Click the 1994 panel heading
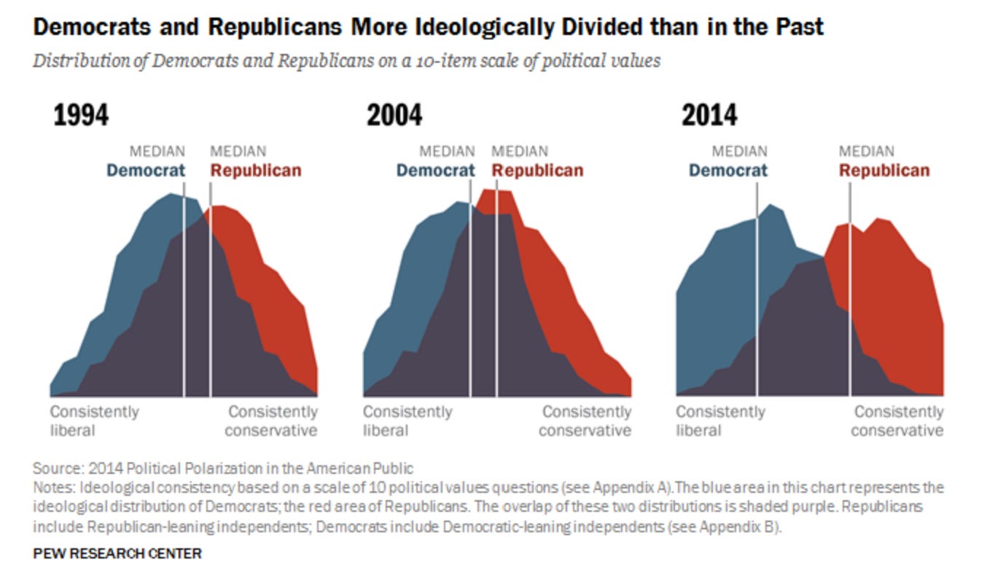click(x=80, y=116)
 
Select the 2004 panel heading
click(x=394, y=116)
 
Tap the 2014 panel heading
click(x=709, y=116)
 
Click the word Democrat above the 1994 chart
click(x=146, y=171)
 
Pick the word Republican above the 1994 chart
click(x=256, y=171)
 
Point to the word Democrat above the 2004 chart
click(x=435, y=171)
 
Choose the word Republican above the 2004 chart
click(x=538, y=171)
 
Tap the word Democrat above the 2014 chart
click(x=728, y=171)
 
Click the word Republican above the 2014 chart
click(x=884, y=171)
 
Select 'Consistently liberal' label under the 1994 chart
click(x=94, y=421)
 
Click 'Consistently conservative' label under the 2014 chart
click(x=897, y=421)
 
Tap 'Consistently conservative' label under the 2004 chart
click(x=585, y=421)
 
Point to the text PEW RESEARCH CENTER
click(x=117, y=554)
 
